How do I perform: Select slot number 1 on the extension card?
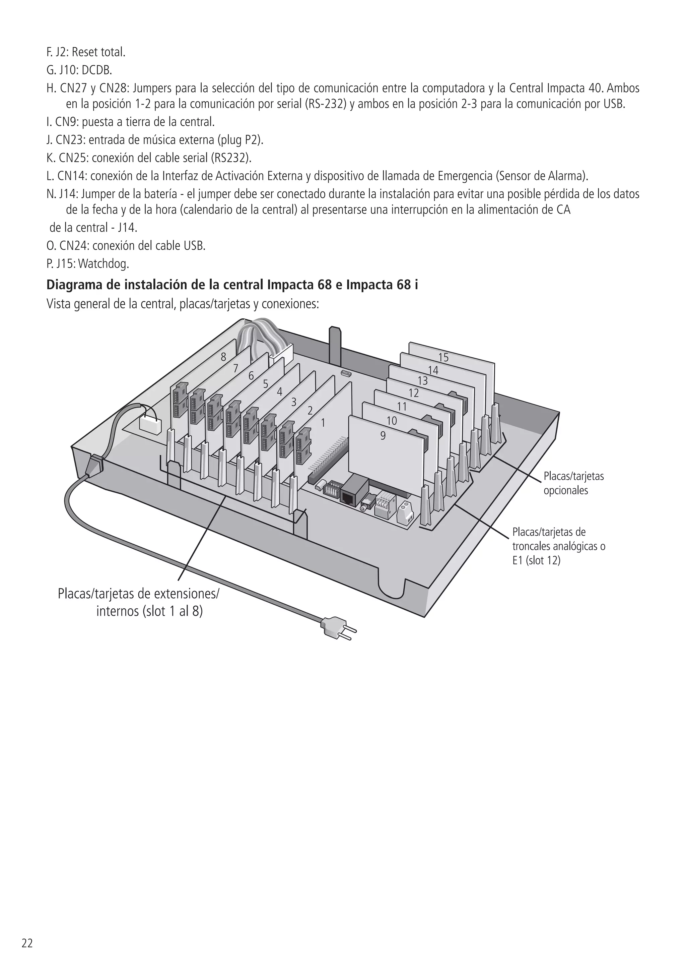click(323, 423)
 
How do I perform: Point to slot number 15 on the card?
click(443, 358)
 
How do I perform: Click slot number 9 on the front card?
click(383, 436)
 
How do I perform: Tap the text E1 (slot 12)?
click(536, 560)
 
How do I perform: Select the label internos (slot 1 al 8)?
click(150, 611)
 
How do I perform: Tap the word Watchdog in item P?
click(104, 264)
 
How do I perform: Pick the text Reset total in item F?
click(98, 52)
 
